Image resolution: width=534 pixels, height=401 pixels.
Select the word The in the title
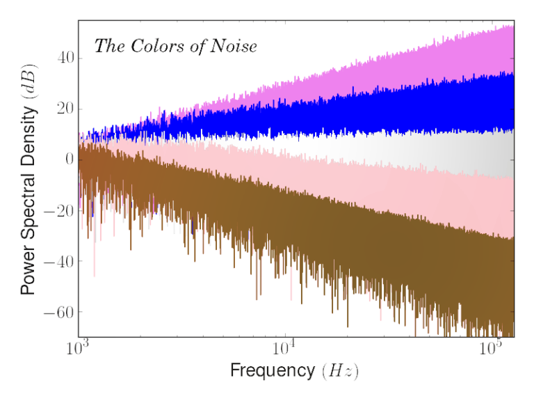[x=108, y=46]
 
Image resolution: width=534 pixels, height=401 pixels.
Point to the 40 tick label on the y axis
[x=64, y=58]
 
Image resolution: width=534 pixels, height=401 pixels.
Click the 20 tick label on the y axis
[x=64, y=109]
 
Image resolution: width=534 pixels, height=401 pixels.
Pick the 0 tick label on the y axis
[x=68, y=159]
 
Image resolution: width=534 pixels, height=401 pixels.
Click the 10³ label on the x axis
[x=78, y=348]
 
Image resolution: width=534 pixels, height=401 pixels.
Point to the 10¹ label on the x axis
[x=286, y=348]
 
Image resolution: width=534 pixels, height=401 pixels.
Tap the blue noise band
[x=417, y=108]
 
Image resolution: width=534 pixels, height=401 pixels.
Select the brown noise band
[x=278, y=237]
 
